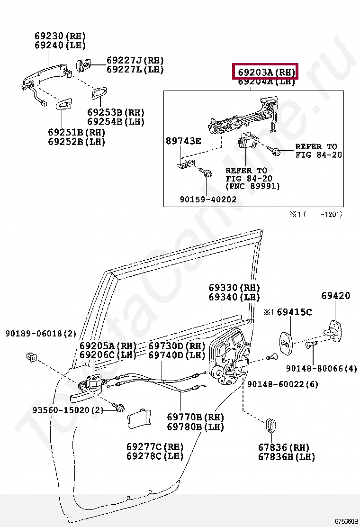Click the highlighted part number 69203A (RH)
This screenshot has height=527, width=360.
266,73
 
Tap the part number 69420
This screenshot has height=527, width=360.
335,296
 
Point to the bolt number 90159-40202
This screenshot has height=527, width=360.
207,200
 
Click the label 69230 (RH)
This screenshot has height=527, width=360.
60,36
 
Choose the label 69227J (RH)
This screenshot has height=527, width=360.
135,60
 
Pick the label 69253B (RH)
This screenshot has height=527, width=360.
116,112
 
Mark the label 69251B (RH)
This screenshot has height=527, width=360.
76,132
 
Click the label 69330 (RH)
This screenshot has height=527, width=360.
234,288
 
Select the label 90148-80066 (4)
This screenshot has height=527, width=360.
322,368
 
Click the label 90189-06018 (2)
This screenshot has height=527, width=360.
40,334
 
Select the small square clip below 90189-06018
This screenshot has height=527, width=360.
32,356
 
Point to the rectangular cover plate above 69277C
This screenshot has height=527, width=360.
138,418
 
